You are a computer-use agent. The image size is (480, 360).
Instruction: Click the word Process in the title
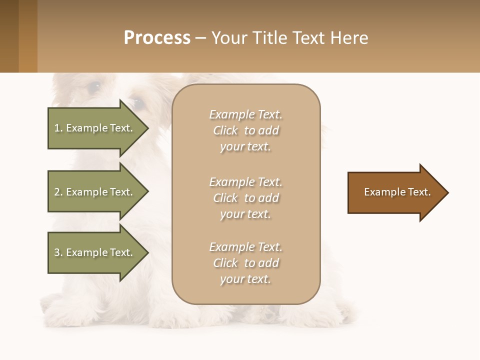[157, 38]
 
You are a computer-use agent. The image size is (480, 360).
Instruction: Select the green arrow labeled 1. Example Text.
[93, 128]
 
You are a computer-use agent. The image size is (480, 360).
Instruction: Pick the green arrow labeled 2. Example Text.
[93, 192]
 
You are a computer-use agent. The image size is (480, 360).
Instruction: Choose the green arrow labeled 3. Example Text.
[93, 252]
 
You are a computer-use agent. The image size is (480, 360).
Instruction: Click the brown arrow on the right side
[395, 192]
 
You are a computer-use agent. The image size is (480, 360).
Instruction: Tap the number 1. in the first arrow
[58, 128]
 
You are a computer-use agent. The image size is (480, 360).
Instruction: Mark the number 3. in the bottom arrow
[58, 253]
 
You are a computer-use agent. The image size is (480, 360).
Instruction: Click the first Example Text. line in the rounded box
[245, 114]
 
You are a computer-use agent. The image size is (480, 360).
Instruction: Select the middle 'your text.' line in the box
[245, 214]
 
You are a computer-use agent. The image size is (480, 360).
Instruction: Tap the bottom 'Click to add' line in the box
[245, 263]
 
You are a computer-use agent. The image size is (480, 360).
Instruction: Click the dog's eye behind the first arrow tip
[138, 103]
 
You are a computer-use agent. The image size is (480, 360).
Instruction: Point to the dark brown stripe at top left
[9, 36]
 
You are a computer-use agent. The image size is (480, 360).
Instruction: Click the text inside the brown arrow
[397, 192]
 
